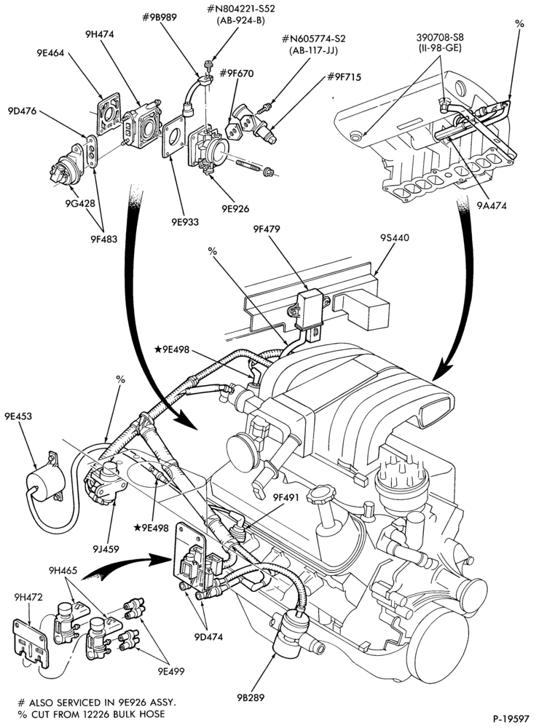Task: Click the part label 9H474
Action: pyautogui.click(x=100, y=34)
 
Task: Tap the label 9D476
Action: pyautogui.click(x=23, y=111)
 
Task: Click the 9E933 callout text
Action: pyautogui.click(x=184, y=221)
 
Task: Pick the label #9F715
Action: pyautogui.click(x=345, y=76)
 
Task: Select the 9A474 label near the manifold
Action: pyautogui.click(x=491, y=205)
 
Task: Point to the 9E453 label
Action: pyautogui.click(x=19, y=416)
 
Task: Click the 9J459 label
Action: pyautogui.click(x=105, y=549)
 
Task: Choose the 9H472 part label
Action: pyautogui.click(x=28, y=597)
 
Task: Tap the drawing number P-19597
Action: pyautogui.click(x=511, y=719)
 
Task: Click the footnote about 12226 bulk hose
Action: pyautogui.click(x=91, y=714)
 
